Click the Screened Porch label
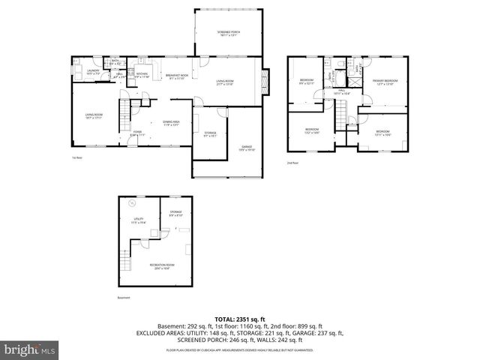pyautogui.click(x=228, y=33)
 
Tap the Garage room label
pyautogui.click(x=247, y=148)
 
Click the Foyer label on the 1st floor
pyautogui.click(x=138, y=133)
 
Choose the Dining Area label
pyautogui.click(x=172, y=123)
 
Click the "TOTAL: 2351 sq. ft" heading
pyautogui.click(x=240, y=319)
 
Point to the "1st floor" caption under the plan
pyautogui.click(x=76, y=158)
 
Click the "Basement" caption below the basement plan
pyautogui.click(x=124, y=298)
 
